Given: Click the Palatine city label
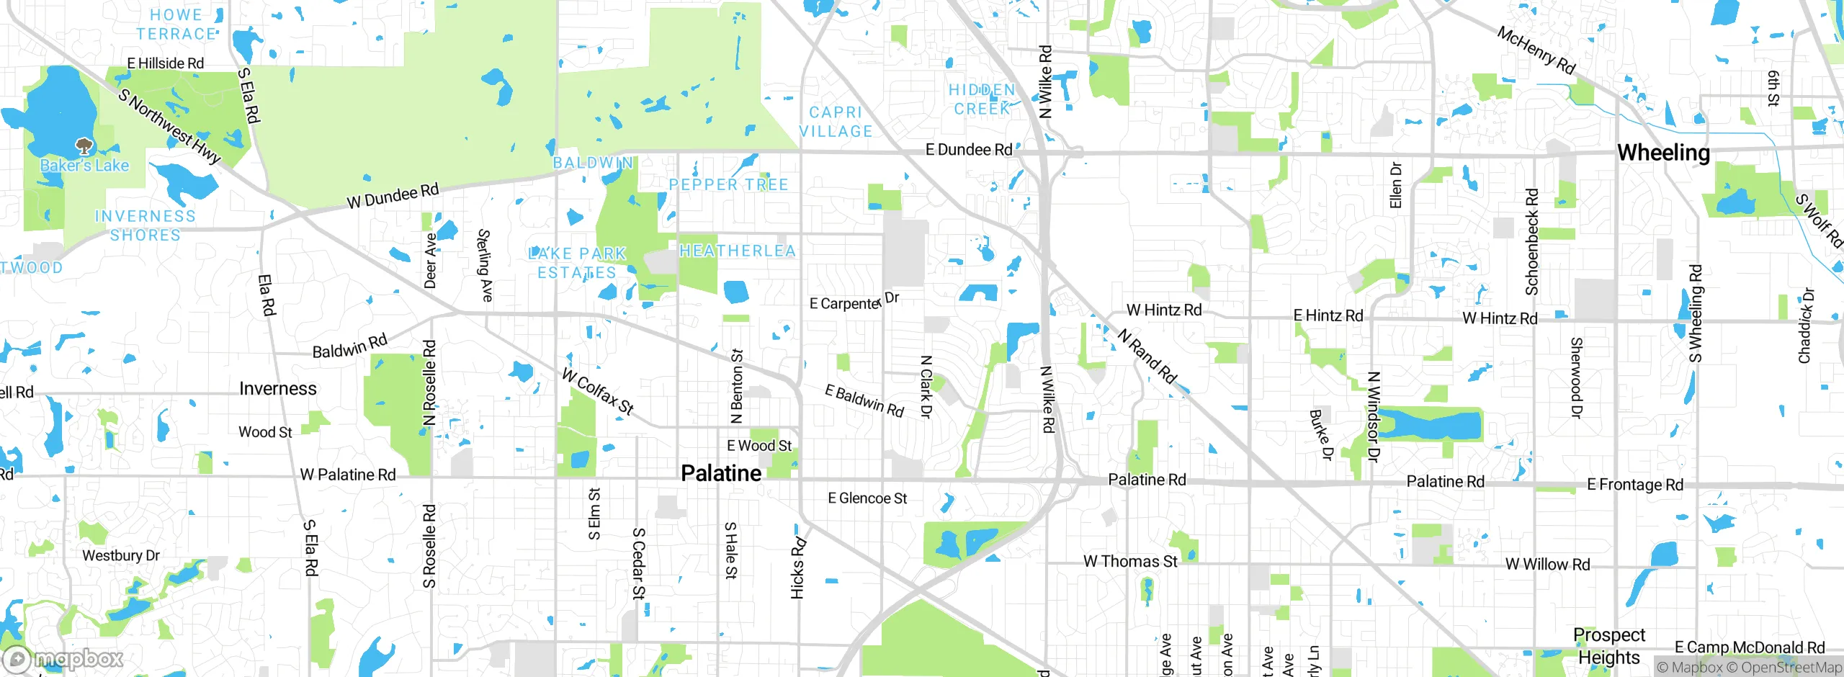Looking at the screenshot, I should pos(721,473).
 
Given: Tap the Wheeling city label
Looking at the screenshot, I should pos(1663,153).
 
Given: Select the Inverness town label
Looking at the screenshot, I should pos(277,389).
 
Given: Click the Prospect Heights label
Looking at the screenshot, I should pos(1609,646).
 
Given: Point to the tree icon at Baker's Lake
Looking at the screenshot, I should pos(84,146).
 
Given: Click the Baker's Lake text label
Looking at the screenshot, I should pos(84,166).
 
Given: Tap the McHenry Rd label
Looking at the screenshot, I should pos(1536,50).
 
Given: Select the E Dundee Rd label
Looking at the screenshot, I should pos(968,150).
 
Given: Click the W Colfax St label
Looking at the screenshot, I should pos(598,392).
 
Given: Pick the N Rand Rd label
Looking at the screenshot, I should pos(1147,356).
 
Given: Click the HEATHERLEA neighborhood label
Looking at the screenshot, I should pos(738,251).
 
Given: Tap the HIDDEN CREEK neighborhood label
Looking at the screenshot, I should pos(982,99).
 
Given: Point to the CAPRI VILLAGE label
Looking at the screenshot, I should pos(836,122).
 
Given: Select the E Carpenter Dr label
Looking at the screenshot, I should pos(854,302).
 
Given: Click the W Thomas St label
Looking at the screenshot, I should pos(1130,561).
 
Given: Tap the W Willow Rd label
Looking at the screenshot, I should pos(1547,565).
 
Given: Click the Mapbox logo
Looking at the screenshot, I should pos(63,658).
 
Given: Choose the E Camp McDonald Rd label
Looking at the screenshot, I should pos(1749,647).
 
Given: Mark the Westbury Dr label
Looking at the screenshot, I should pos(120,555).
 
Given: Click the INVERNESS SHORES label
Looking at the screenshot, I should pos(145,225).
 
